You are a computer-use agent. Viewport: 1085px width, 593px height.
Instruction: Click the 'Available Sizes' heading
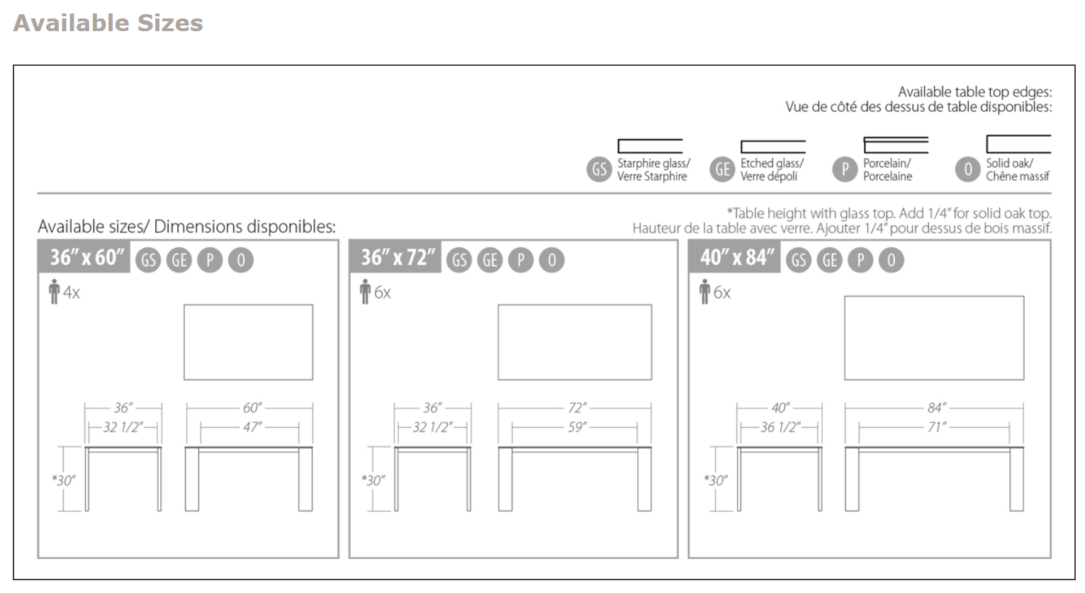pos(108,23)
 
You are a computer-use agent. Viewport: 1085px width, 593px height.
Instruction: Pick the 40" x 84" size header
pos(736,257)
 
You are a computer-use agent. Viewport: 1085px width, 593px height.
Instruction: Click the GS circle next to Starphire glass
pos(599,169)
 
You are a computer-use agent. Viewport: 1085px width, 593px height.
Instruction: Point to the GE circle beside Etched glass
pos(722,169)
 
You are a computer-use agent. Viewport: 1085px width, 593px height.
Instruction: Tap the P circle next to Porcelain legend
pos(845,169)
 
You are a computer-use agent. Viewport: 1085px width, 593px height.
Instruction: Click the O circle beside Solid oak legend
pos(967,169)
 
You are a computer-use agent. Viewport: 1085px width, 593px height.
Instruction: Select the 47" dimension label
pos(252,427)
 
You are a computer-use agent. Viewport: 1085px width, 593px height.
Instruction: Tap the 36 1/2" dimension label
pos(779,427)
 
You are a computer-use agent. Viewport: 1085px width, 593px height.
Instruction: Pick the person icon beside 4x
pos(54,292)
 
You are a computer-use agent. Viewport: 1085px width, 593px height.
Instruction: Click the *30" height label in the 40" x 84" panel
pos(715,480)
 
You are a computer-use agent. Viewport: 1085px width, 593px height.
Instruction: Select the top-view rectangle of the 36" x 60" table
pos(248,342)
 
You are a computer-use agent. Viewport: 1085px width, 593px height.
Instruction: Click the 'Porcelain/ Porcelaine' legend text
pos(887,170)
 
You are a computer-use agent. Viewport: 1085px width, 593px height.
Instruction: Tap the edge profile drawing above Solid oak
pos(1018,144)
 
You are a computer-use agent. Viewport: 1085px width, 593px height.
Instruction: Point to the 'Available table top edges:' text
pos(974,91)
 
